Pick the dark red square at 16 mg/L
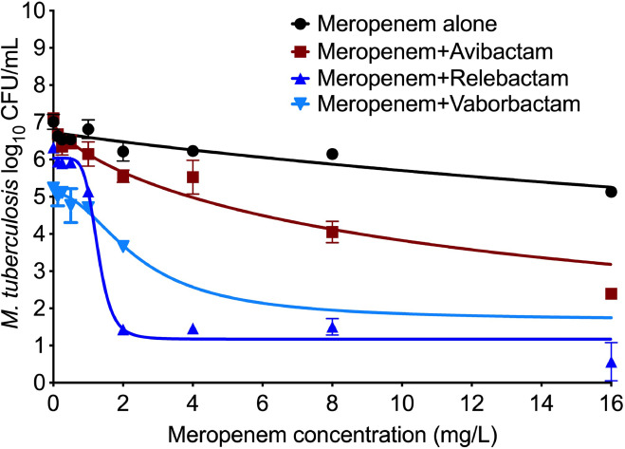[612, 294]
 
